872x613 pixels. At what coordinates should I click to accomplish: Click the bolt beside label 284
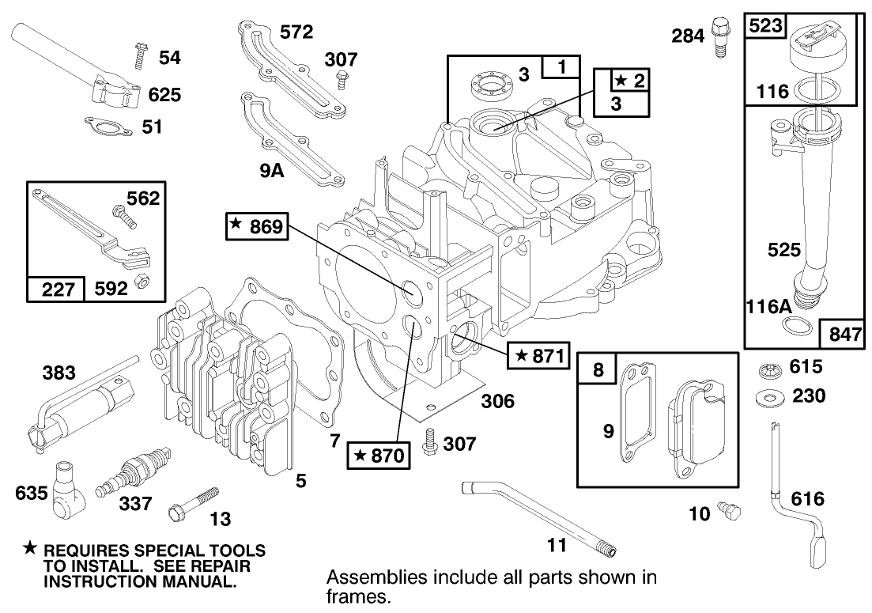pyautogui.click(x=719, y=34)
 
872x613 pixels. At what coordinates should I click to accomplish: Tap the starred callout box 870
pyautogui.click(x=379, y=455)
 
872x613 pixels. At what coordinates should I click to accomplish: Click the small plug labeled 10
pyautogui.click(x=729, y=511)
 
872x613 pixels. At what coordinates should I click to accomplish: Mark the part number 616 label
pyautogui.click(x=806, y=499)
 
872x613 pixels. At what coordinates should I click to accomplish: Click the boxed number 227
pyautogui.click(x=55, y=289)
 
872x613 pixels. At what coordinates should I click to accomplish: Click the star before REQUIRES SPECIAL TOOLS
pyautogui.click(x=30, y=547)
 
